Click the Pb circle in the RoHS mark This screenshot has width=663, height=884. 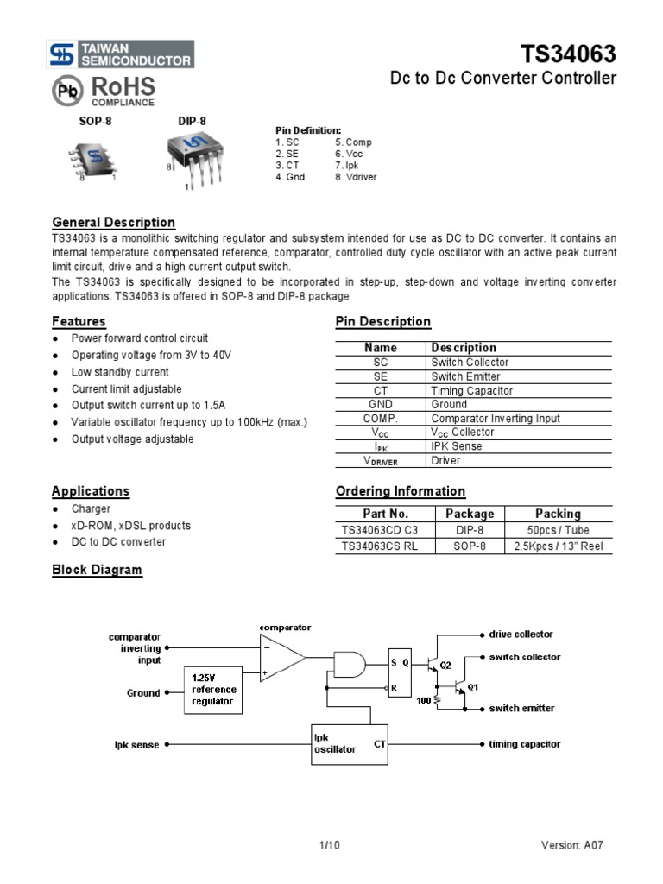click(x=67, y=91)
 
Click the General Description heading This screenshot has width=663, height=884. click(x=113, y=222)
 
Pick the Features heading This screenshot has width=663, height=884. click(x=79, y=321)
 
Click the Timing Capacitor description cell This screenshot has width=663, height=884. click(x=471, y=390)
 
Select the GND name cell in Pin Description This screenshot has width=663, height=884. click(x=381, y=404)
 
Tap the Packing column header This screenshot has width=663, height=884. click(x=558, y=513)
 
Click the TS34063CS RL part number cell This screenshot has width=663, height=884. click(x=381, y=546)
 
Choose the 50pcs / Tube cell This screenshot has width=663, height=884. click(x=558, y=529)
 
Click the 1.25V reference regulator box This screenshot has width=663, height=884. click(x=212, y=688)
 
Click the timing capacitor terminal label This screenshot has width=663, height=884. click(x=525, y=743)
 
